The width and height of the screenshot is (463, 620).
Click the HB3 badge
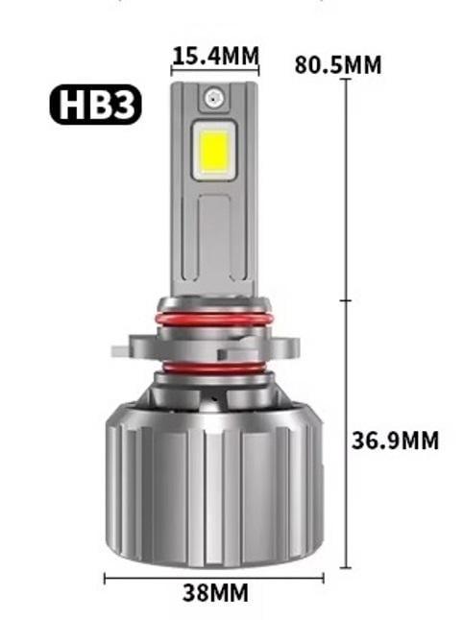coord(95,106)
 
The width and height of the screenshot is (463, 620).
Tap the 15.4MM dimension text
coord(215,57)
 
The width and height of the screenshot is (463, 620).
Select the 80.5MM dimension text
coord(338,65)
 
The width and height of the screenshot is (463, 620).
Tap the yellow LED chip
coord(214,150)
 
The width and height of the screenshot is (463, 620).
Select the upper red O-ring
coord(213,316)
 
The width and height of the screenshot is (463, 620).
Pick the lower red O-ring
coord(213,366)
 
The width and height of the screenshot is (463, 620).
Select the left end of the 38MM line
coord(105,577)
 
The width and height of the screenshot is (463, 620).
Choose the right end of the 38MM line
coord(324,577)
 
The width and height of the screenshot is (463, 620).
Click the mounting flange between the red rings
coord(213,341)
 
